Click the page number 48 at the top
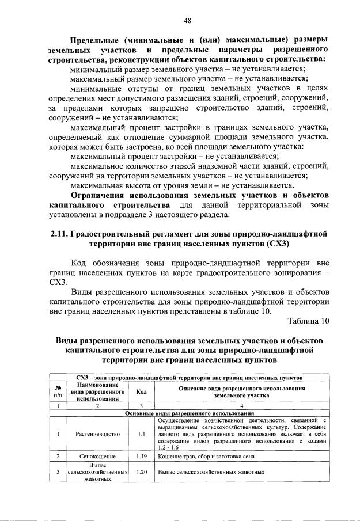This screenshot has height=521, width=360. tap(187, 21)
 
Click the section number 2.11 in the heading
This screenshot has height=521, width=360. tap(59, 234)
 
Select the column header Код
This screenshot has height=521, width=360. tap(141, 392)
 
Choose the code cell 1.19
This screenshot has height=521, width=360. tap(141, 457)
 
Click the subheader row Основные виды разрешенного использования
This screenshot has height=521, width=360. tap(190, 413)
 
